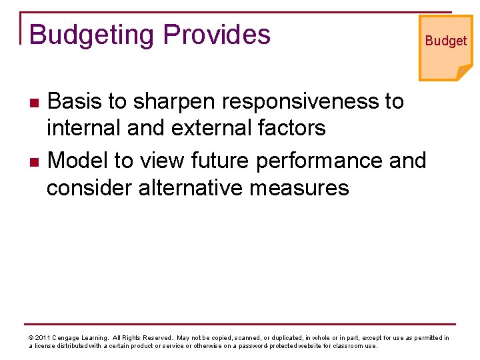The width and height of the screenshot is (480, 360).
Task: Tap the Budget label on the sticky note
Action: click(446, 41)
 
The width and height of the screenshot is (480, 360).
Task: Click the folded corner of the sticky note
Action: click(463, 71)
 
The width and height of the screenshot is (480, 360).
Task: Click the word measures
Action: click(299, 188)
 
